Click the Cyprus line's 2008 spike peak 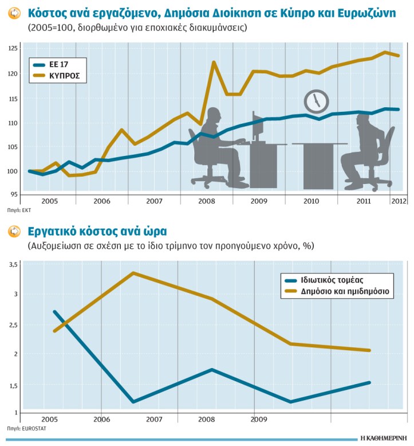214,62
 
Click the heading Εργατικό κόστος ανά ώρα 97,232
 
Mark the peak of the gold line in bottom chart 133,273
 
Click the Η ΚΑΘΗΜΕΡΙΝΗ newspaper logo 384,437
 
